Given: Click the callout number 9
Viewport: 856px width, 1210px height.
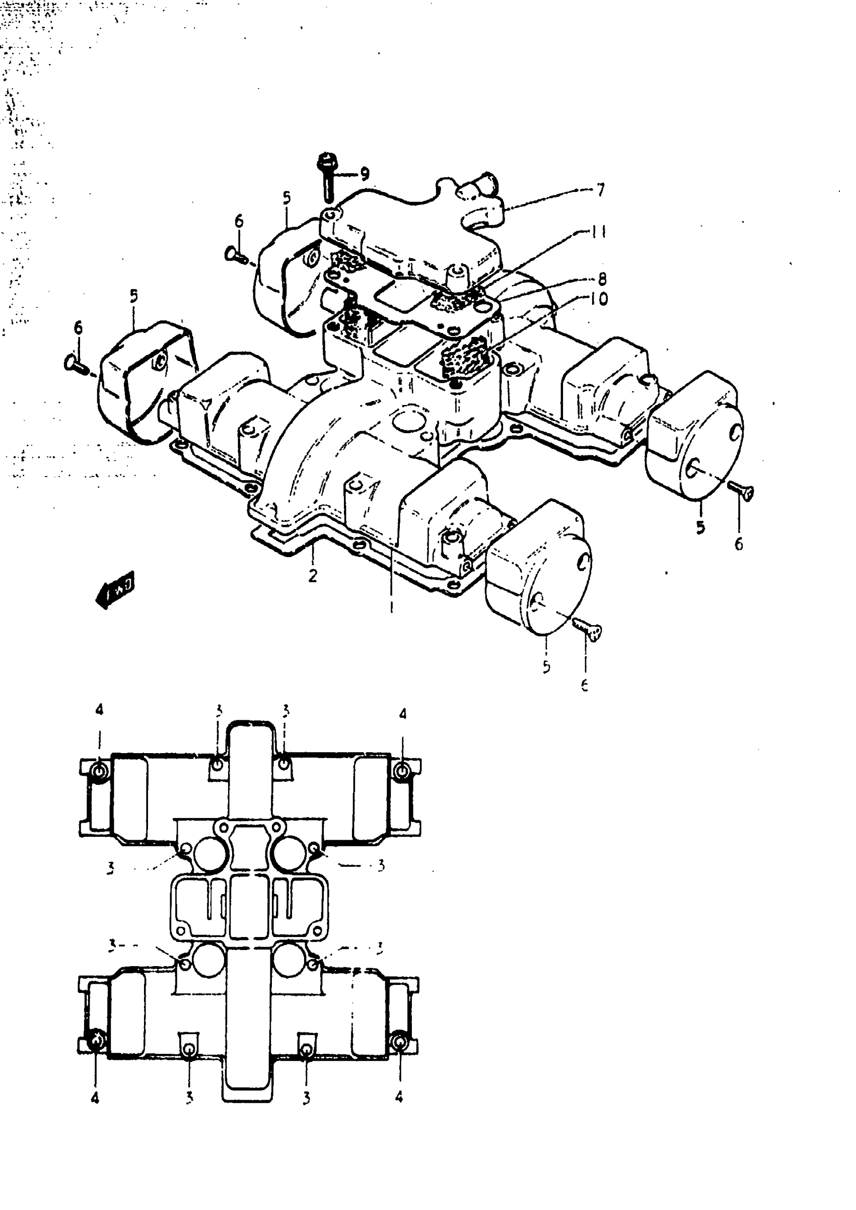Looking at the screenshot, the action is tap(365, 173).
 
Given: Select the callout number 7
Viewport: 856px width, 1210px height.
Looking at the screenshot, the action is tap(600, 190).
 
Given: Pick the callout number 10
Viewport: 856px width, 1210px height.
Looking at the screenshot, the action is tap(599, 299).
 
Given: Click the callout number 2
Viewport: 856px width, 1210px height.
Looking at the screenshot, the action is tap(313, 576).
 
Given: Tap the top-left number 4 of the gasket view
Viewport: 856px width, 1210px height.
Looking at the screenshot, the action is tap(99, 710).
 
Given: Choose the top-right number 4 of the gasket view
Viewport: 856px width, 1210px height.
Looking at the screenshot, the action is tap(403, 714).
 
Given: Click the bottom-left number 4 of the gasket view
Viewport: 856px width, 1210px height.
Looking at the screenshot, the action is tap(95, 1098).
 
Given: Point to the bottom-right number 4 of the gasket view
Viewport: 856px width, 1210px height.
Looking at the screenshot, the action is tap(399, 1097).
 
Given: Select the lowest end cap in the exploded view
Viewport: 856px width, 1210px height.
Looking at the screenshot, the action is tap(538, 569).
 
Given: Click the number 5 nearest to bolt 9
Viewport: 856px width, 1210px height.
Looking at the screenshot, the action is tap(286, 198).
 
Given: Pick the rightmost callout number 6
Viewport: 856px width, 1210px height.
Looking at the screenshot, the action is tap(739, 544).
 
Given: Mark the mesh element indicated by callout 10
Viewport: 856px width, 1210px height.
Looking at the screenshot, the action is tap(461, 359).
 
